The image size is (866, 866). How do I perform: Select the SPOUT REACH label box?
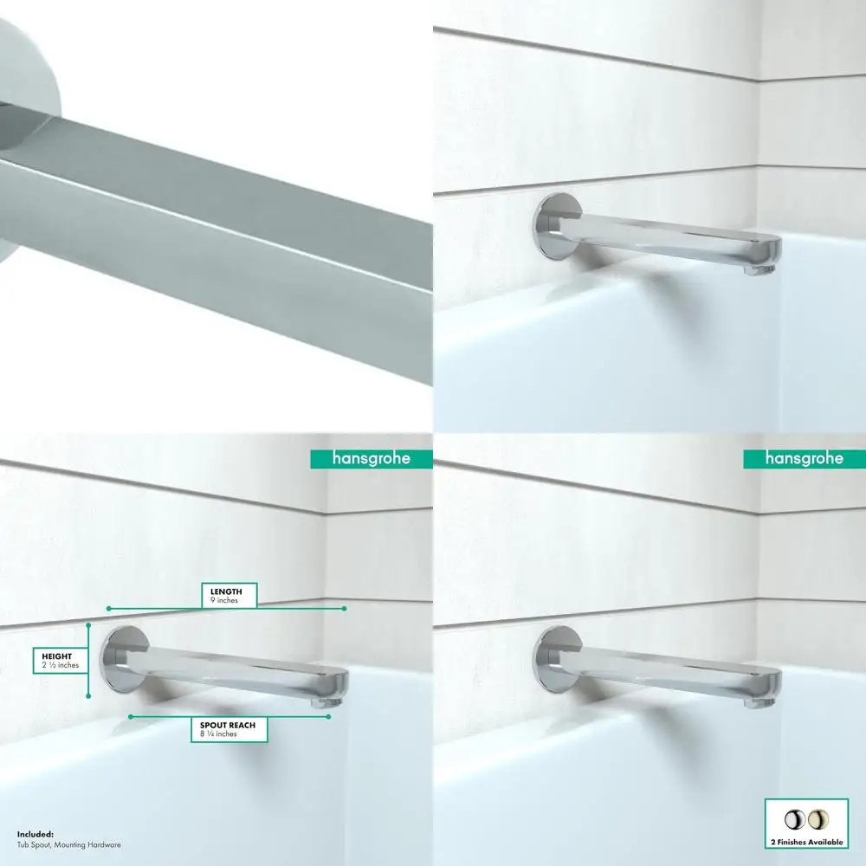(x=228, y=728)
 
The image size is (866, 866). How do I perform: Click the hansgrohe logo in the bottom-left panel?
(x=372, y=458)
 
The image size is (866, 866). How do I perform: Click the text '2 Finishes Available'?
(x=804, y=842)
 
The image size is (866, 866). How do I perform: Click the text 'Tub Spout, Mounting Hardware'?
(x=69, y=844)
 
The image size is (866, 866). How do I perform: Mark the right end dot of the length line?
(x=345, y=609)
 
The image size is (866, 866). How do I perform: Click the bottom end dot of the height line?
(x=89, y=695)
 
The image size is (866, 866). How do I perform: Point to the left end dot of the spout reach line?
(x=130, y=717)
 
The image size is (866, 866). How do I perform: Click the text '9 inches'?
(x=224, y=599)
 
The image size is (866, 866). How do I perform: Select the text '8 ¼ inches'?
(x=216, y=734)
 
